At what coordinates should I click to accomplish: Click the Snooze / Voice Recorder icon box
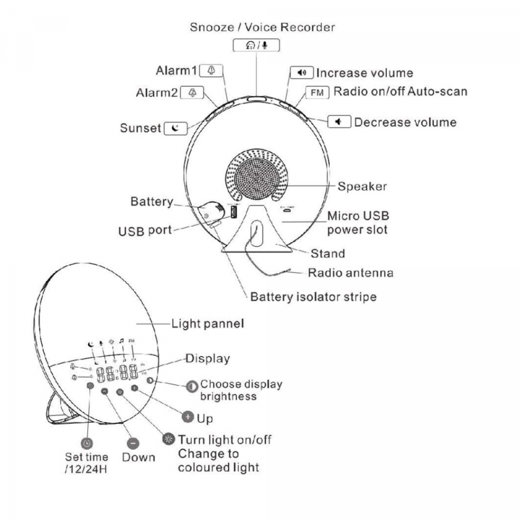point(256,45)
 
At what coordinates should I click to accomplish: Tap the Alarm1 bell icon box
point(211,71)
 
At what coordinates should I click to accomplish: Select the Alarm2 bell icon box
point(192,93)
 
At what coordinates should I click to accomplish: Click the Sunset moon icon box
point(175,128)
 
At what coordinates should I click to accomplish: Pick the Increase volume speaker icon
point(302,72)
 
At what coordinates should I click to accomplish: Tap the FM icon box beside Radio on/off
point(317,92)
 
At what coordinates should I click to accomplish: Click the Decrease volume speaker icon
point(339,122)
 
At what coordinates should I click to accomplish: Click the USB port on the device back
point(234,212)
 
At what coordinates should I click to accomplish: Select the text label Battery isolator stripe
point(313,297)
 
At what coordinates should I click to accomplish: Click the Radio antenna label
point(351,273)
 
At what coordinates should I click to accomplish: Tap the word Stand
point(328,253)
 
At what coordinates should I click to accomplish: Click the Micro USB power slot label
point(358,223)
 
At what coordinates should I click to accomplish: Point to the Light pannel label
point(208,324)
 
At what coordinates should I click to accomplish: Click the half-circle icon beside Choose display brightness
point(192,387)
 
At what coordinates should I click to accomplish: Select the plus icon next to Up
point(188,417)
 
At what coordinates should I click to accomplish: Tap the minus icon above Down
point(133,443)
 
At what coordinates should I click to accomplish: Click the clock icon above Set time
point(87,443)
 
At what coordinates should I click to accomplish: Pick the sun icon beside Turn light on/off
point(168,439)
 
